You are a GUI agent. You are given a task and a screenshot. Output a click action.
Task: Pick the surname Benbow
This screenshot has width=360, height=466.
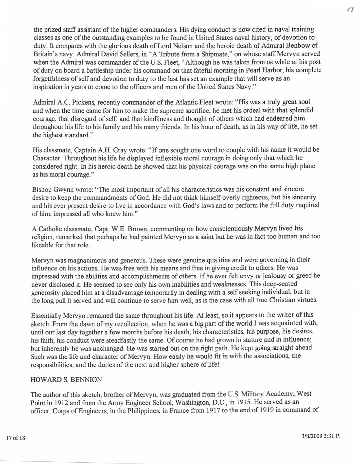click(x=298, y=45)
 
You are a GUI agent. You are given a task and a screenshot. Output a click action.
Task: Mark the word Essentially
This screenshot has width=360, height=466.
click(x=46, y=315)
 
